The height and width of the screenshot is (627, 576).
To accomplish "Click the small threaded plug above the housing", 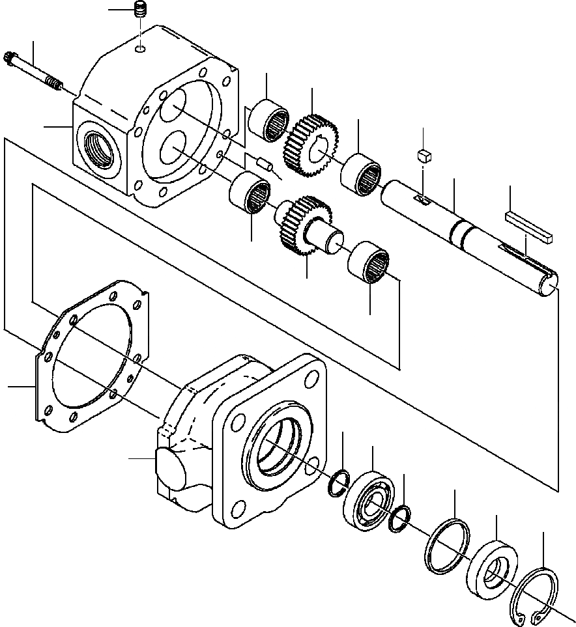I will coord(139,11).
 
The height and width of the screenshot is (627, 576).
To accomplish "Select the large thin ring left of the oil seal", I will coord(447,544).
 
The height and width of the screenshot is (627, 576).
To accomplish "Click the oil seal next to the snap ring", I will coord(493,567).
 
